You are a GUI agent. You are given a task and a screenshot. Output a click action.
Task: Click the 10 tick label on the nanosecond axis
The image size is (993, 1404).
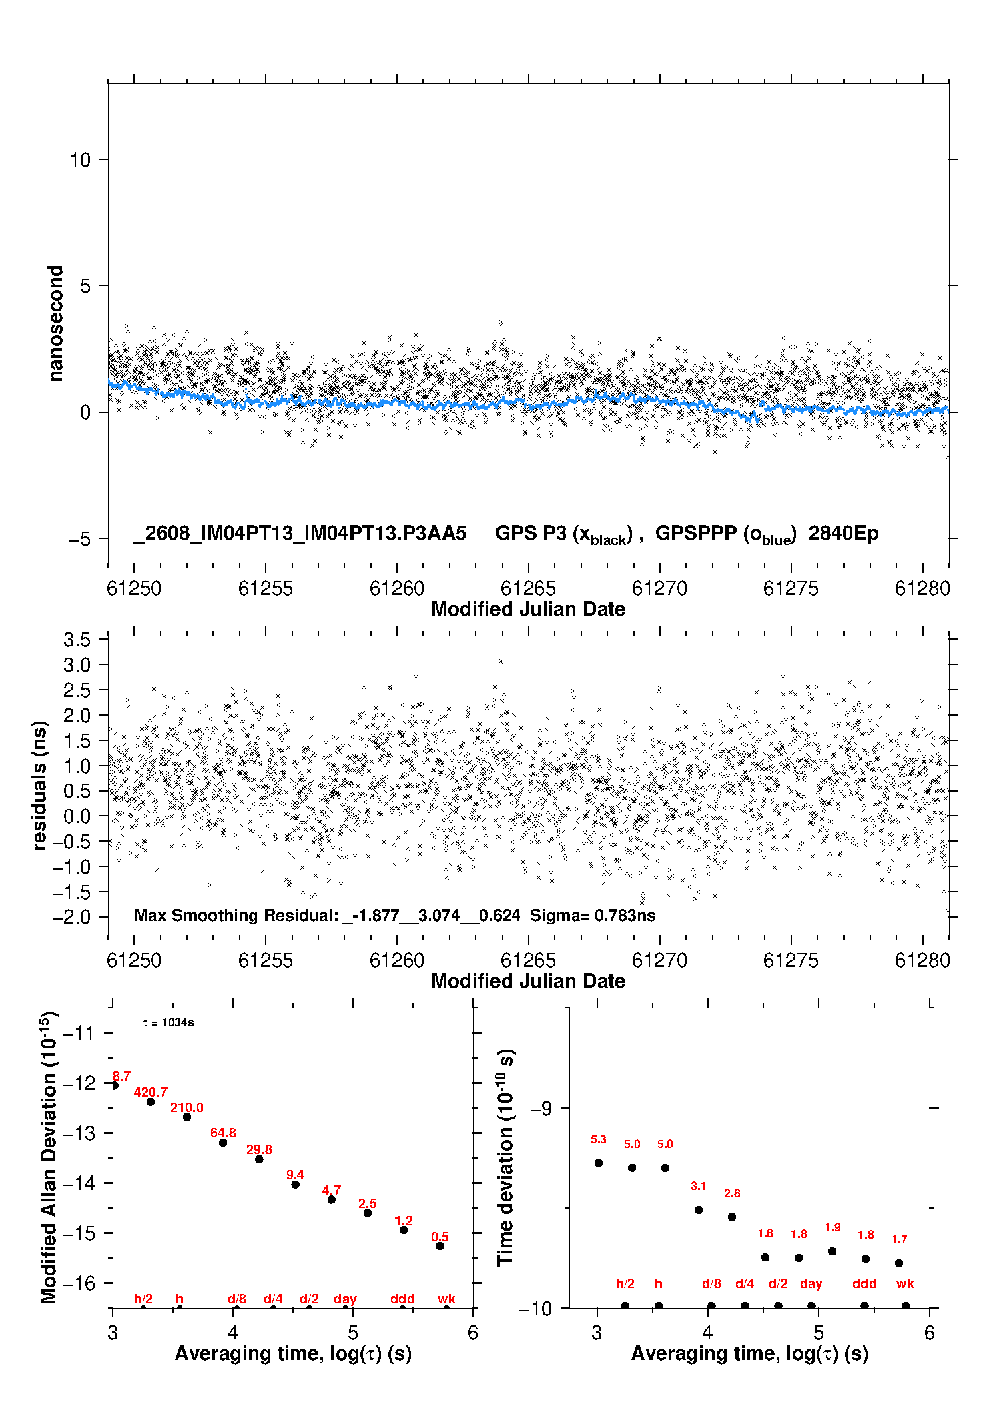click(x=80, y=160)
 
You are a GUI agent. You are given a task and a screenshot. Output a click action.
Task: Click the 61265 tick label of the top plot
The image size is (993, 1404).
click(x=528, y=588)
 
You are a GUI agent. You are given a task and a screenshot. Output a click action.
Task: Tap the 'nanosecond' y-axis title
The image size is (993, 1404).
click(x=55, y=323)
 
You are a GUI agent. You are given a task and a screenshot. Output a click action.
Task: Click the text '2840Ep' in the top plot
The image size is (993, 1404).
click(x=844, y=533)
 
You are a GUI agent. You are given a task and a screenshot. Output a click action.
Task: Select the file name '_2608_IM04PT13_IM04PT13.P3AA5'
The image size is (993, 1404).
click(x=300, y=533)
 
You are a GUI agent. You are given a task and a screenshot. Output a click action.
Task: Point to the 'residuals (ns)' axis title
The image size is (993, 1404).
click(x=40, y=785)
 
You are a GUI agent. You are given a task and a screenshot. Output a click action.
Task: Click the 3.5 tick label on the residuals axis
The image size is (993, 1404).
click(x=77, y=640)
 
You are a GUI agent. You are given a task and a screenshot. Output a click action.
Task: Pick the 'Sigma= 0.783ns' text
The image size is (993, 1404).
click(x=593, y=915)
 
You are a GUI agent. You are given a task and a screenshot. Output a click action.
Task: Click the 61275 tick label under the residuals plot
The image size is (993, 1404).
click(x=791, y=960)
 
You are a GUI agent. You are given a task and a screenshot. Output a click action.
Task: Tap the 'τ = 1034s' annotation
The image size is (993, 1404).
click(x=168, y=1022)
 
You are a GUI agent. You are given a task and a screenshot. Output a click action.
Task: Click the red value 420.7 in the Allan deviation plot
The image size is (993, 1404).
click(x=151, y=1092)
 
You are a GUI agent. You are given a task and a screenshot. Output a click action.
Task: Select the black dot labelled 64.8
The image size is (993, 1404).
click(x=223, y=1143)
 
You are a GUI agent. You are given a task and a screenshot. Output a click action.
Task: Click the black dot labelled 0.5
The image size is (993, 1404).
click(x=440, y=1246)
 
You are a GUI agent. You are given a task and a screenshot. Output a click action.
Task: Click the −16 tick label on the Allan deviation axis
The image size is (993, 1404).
click(x=80, y=1283)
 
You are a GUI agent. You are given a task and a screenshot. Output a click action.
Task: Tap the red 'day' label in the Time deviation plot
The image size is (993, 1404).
click(x=811, y=1283)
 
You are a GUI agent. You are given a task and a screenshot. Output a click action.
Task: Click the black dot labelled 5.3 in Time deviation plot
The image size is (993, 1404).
click(x=599, y=1163)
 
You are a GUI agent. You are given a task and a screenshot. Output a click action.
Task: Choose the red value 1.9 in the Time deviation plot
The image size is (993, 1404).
click(x=832, y=1227)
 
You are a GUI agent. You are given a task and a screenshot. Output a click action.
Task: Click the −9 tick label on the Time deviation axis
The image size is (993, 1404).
click(x=541, y=1109)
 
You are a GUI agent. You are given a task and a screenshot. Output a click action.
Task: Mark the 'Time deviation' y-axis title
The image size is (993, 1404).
click(x=506, y=1158)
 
